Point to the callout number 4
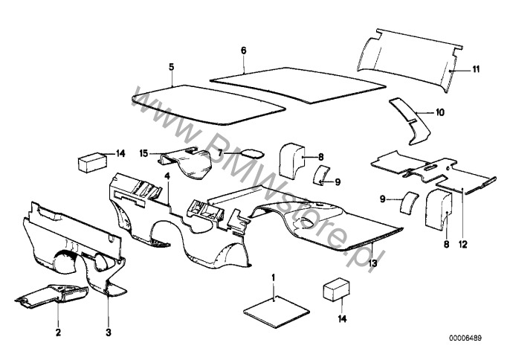[168, 176]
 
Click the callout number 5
[171, 67]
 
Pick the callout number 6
[242, 51]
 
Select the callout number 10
[439, 113]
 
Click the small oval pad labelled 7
[254, 154]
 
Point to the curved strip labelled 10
[410, 118]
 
